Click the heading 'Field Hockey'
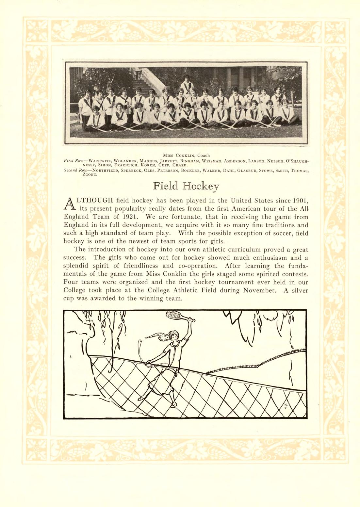pyautogui.click(x=186, y=186)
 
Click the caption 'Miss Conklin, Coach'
pyautogui.click(x=186, y=155)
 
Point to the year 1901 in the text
pyautogui.click(x=299, y=201)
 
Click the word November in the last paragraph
pyautogui.click(x=260, y=290)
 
